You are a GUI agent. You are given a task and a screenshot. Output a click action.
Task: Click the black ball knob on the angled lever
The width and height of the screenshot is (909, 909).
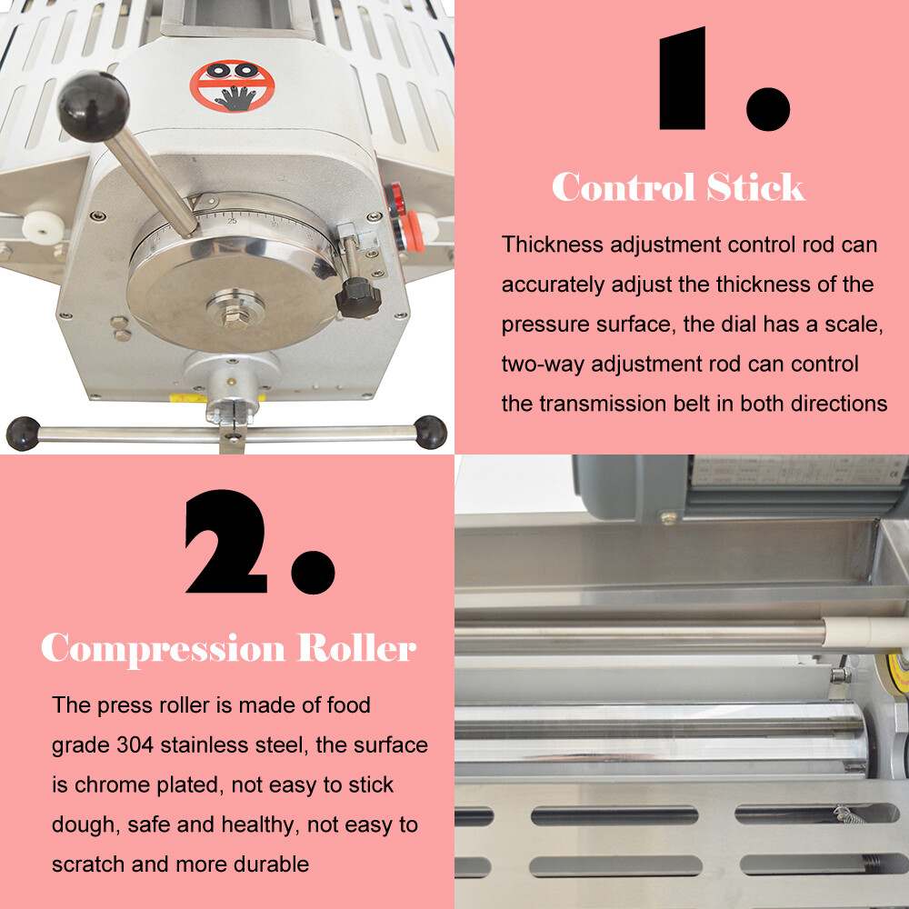point(93,105)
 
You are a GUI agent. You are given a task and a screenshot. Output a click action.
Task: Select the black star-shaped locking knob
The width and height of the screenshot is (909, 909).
point(355,297)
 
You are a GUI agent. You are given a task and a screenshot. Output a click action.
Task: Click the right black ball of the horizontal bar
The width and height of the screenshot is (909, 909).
point(430,432)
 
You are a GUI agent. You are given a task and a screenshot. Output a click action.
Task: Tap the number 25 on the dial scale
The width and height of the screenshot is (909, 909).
point(233,221)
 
